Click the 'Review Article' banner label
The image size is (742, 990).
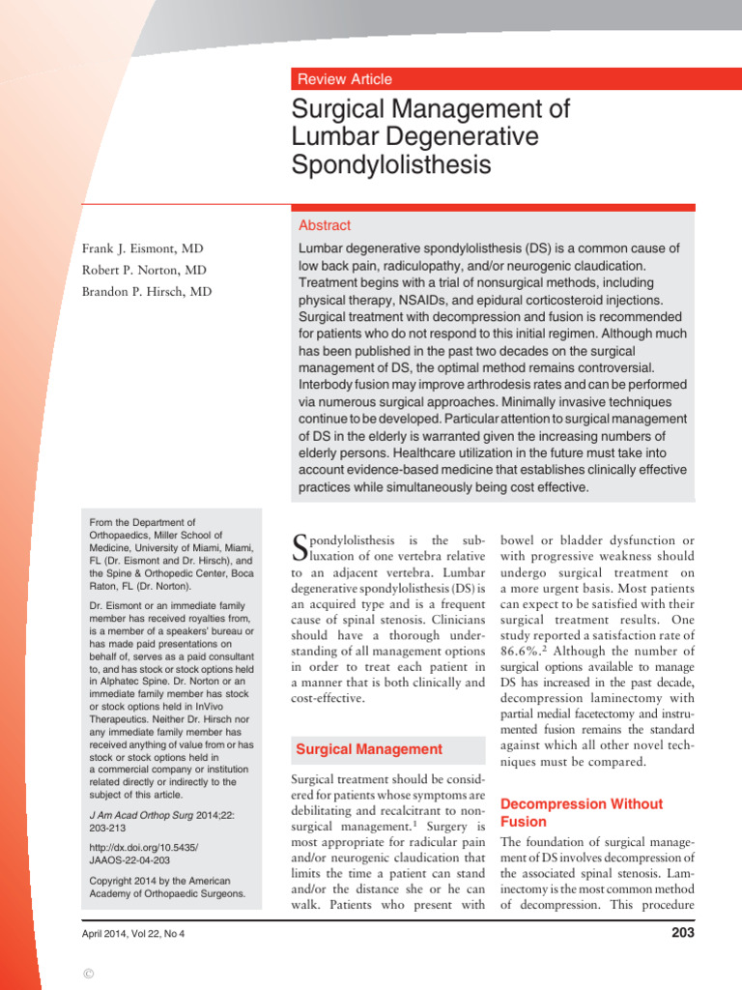pyautogui.click(x=345, y=79)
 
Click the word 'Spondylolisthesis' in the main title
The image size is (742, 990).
pyautogui.click(x=391, y=165)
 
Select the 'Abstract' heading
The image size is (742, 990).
pyautogui.click(x=325, y=225)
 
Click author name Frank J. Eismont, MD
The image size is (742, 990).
pyautogui.click(x=143, y=248)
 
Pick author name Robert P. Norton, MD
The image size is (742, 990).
pyautogui.click(x=144, y=270)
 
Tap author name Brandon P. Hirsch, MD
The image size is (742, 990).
pyautogui.click(x=147, y=292)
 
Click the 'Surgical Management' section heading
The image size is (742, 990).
pyautogui.click(x=369, y=749)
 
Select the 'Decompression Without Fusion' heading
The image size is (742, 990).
pyautogui.click(x=581, y=813)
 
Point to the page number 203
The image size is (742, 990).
pyautogui.click(x=681, y=933)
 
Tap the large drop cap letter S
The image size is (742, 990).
pyautogui.click(x=300, y=549)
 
